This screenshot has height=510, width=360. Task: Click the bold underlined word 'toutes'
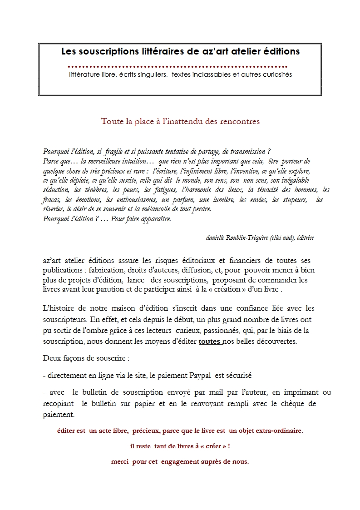click(x=209, y=342)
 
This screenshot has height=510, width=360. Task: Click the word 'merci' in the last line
click(x=120, y=461)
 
